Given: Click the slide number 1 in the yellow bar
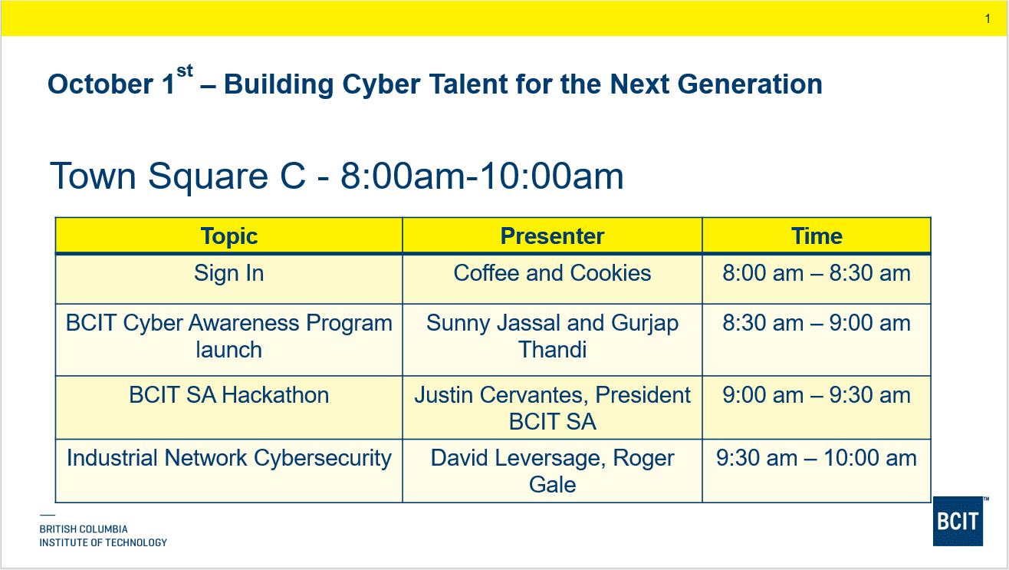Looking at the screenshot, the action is click(988, 19).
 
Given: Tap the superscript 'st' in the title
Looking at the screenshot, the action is click(185, 71).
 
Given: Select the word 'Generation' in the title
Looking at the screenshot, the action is click(750, 84).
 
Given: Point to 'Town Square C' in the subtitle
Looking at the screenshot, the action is click(177, 176).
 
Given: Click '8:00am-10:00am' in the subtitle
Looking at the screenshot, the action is click(482, 176).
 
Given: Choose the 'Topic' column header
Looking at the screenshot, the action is click(228, 236).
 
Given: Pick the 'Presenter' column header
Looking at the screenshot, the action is click(552, 236).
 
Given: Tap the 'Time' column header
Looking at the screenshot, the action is click(817, 236).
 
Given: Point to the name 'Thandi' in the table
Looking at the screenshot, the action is click(552, 350).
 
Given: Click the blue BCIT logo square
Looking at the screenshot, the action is click(958, 522).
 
